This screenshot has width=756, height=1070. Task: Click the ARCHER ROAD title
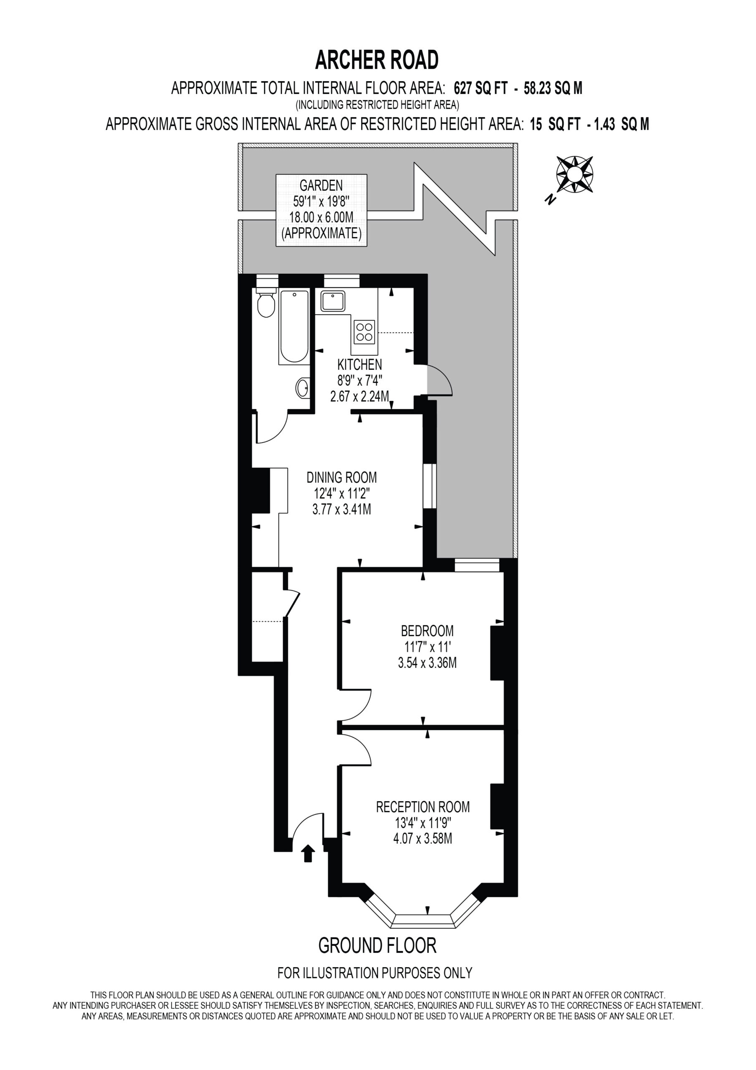point(377,60)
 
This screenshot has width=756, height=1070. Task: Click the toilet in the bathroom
point(266,303)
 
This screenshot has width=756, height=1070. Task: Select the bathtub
point(294,327)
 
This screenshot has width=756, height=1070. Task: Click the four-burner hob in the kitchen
point(365,332)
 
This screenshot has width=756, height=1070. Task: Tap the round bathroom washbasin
point(302,388)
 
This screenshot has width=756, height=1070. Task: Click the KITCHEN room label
point(360,364)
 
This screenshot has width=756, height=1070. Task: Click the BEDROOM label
point(427,631)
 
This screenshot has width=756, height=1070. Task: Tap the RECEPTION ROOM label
point(423,807)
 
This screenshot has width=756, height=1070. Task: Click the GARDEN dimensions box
point(322,210)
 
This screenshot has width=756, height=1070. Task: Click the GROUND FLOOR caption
point(377,945)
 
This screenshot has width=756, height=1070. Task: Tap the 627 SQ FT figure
point(481,88)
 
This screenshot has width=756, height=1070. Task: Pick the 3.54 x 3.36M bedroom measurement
point(427,663)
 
